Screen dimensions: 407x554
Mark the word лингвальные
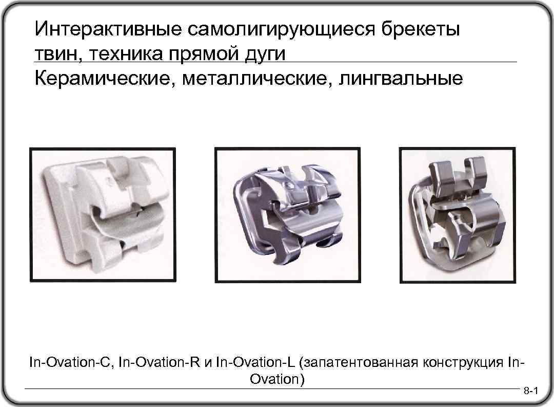(399, 79)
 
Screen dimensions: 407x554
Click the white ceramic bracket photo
(102, 215)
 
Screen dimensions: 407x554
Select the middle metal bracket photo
(287, 215)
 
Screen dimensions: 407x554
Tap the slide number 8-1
(530, 394)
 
